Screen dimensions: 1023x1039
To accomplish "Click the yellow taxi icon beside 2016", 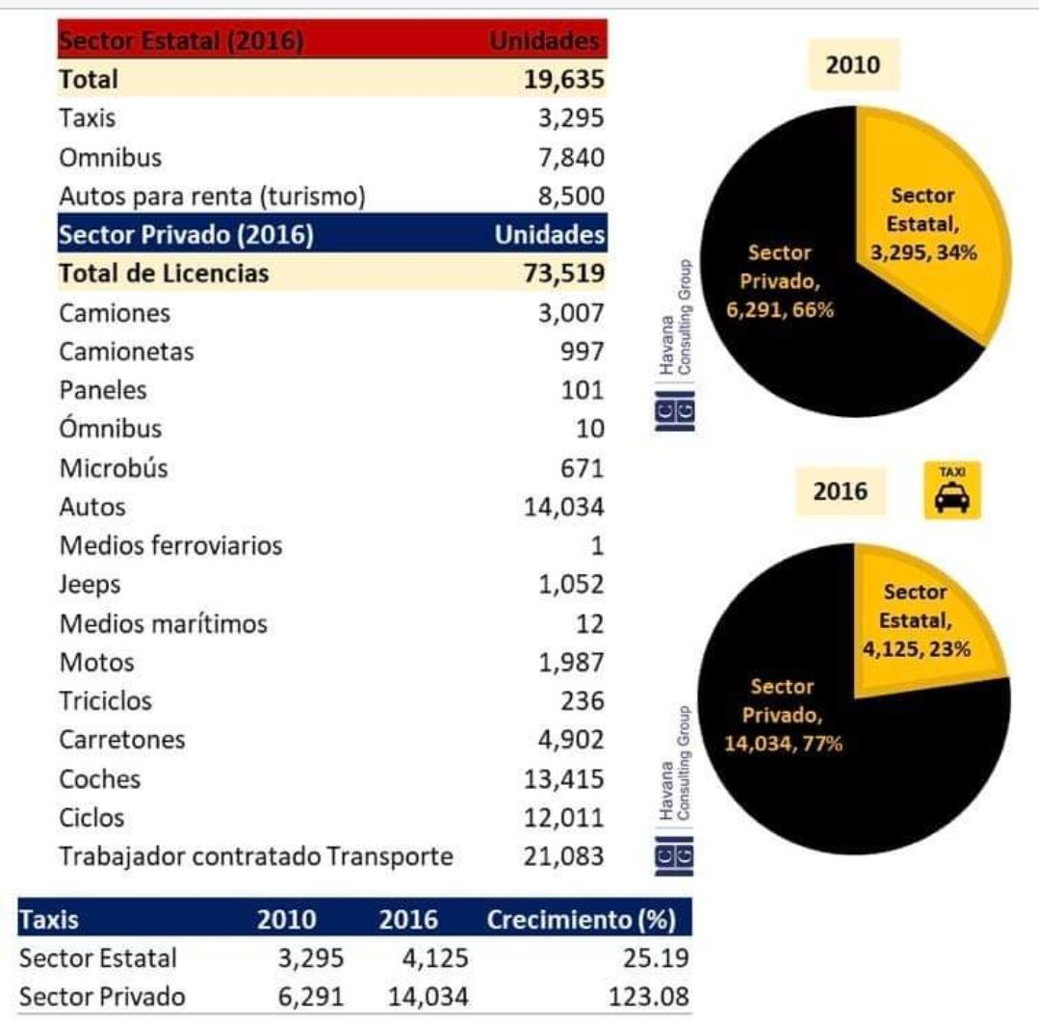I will (951, 490).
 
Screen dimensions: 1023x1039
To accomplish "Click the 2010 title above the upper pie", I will (853, 66).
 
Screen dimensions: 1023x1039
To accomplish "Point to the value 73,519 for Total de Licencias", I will (565, 274).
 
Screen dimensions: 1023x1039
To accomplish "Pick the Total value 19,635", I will (565, 79).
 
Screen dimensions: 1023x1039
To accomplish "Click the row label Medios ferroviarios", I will (170, 545).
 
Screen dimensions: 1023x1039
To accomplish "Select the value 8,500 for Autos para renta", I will (572, 196).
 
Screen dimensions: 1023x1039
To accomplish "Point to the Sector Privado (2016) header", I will (186, 235).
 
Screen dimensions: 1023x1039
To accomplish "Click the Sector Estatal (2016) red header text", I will (181, 41).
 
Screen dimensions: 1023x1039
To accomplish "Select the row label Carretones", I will (121, 740).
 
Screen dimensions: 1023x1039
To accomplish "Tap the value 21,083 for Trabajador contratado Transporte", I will (564, 856).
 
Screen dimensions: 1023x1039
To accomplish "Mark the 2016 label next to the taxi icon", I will (840, 491).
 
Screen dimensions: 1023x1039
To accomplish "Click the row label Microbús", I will (114, 468).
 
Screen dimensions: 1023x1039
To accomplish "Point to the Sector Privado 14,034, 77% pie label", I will (783, 715).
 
